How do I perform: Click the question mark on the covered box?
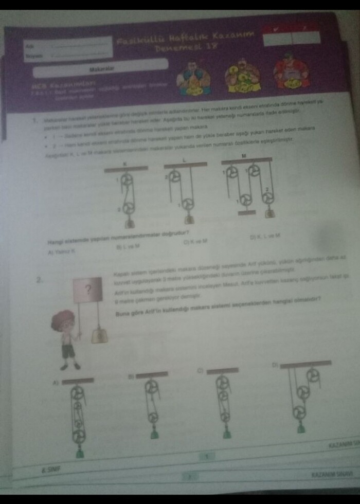87,289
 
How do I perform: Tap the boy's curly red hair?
63,320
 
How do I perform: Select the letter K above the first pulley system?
125,163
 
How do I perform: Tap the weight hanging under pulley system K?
130,224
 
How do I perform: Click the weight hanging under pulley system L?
189,219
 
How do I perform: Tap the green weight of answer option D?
301,428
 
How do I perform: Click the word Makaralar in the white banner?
101,67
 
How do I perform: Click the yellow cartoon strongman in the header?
242,76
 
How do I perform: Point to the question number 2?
39,280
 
